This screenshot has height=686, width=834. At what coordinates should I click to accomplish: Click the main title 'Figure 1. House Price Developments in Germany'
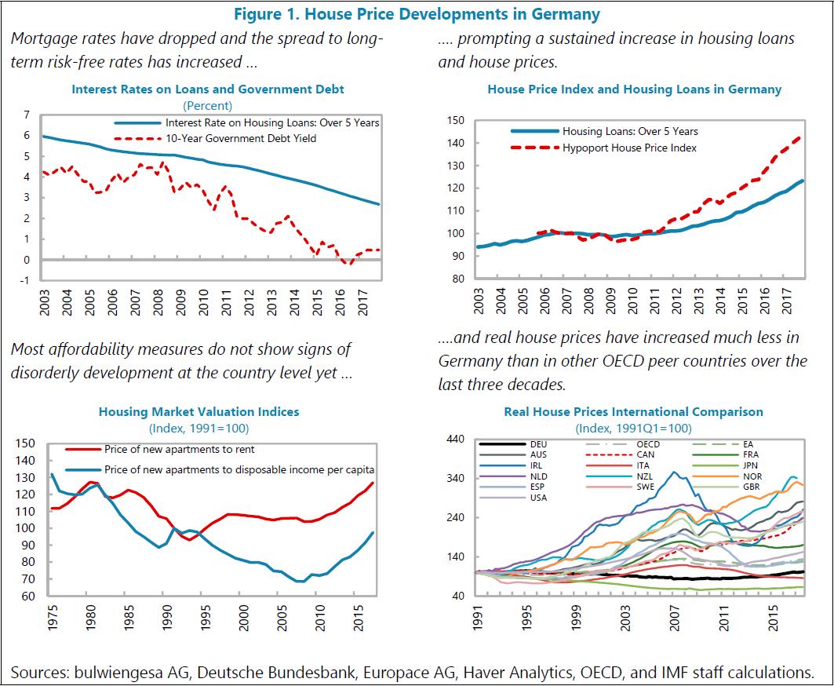(417, 14)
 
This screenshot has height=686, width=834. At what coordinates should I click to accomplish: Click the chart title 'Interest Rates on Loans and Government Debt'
(208, 89)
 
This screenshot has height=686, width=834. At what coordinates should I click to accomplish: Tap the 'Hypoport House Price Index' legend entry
(629, 148)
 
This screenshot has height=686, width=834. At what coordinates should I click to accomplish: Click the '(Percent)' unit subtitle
(208, 105)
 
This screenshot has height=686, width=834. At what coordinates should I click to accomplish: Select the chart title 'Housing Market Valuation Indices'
(198, 411)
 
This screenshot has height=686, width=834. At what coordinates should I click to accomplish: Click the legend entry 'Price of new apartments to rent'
(179, 450)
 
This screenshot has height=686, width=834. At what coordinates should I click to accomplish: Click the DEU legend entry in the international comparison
(538, 444)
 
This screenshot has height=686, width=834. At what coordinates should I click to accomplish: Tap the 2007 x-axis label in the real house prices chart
(674, 620)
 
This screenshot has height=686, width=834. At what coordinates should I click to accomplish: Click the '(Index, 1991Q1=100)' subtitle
(633, 428)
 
